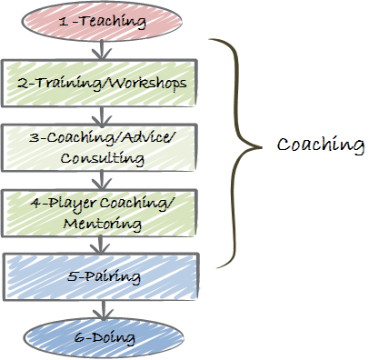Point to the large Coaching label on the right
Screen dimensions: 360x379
coord(320,145)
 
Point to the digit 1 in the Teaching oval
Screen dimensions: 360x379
coord(61,19)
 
